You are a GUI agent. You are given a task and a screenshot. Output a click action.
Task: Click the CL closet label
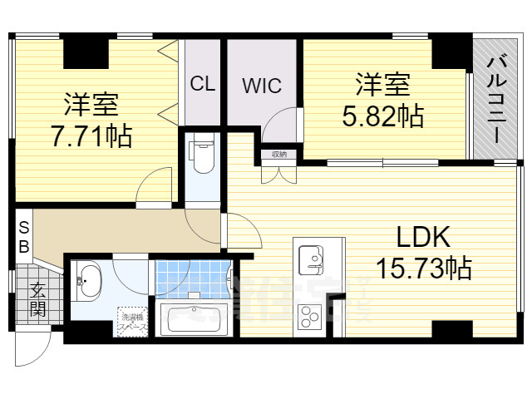(203, 84)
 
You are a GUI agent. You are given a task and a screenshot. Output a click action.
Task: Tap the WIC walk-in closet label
(263, 86)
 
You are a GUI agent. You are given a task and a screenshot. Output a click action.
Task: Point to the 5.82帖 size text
(383, 115)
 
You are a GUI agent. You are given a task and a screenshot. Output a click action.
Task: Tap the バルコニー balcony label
(498, 98)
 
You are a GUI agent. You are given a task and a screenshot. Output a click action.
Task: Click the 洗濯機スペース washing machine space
(133, 322)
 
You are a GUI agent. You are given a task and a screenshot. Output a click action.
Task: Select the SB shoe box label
(24, 237)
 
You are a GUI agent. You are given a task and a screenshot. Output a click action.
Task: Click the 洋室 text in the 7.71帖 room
(91, 104)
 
